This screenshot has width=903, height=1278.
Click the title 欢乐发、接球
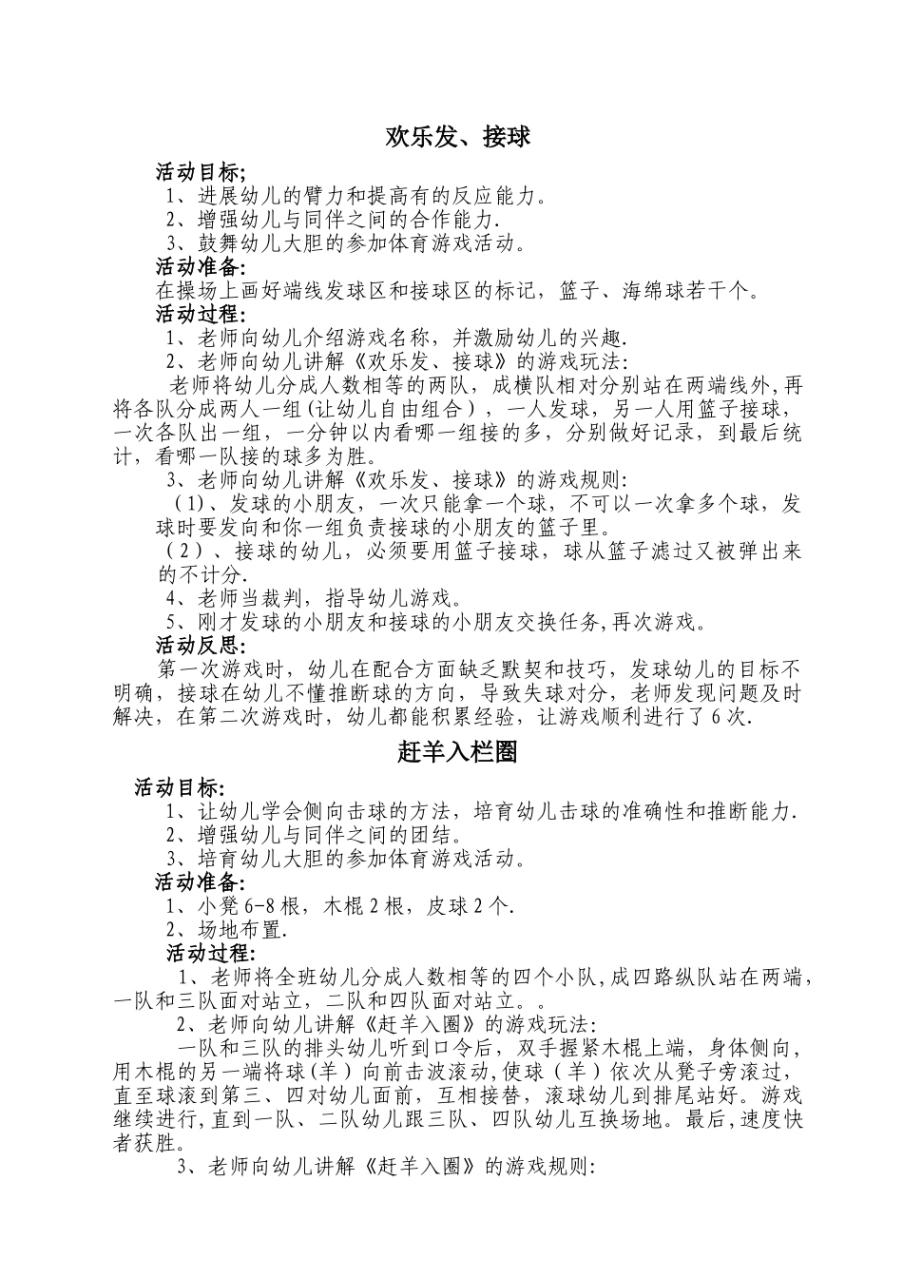tap(457, 137)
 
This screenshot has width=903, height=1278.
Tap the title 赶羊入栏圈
tap(457, 752)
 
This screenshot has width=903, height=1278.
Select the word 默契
tap(514, 669)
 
